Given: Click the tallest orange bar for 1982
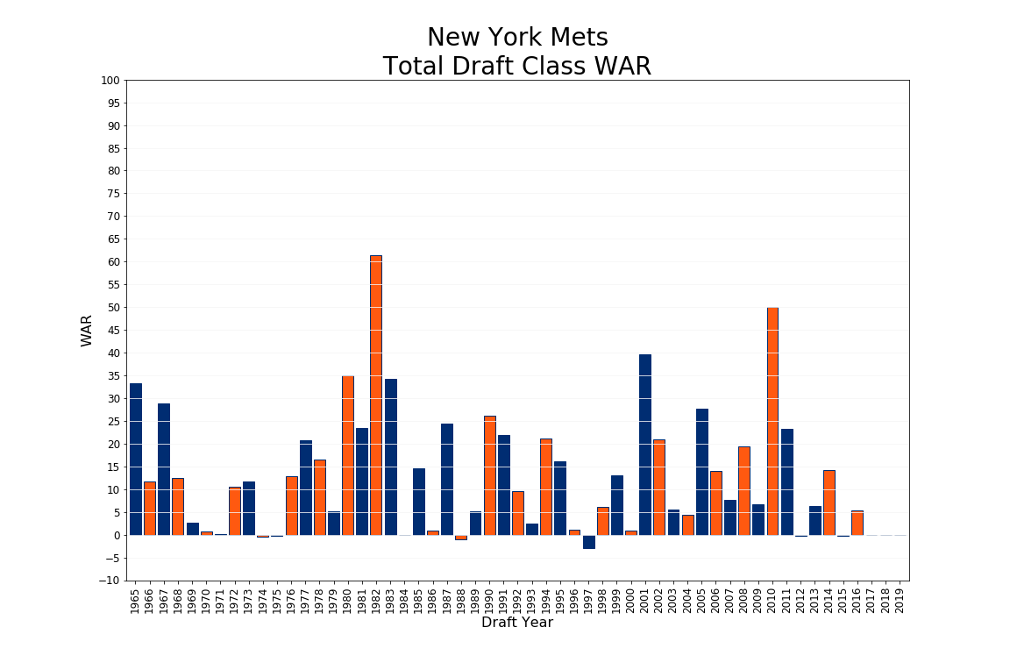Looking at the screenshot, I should (x=376, y=395).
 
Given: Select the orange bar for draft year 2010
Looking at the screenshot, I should (x=772, y=421).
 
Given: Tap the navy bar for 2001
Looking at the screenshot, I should (x=645, y=445).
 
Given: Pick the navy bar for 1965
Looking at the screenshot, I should (x=136, y=459).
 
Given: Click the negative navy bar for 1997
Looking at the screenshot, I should (x=589, y=542).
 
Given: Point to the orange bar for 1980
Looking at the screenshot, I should (x=348, y=455).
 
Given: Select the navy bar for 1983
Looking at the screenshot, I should (x=390, y=457).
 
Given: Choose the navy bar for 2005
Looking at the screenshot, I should (x=702, y=472).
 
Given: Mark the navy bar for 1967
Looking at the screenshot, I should (x=164, y=469).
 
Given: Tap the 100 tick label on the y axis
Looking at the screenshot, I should (x=110, y=81).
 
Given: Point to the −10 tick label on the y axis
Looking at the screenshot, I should (x=110, y=581).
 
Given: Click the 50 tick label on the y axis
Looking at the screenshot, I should (x=112, y=308).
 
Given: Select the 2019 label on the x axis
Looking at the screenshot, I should (x=900, y=601).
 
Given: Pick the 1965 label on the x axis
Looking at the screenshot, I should (x=136, y=601).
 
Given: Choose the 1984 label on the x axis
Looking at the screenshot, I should (x=404, y=601).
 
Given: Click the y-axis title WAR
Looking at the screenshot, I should (x=87, y=331).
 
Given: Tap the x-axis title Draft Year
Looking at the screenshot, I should (x=517, y=623).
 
